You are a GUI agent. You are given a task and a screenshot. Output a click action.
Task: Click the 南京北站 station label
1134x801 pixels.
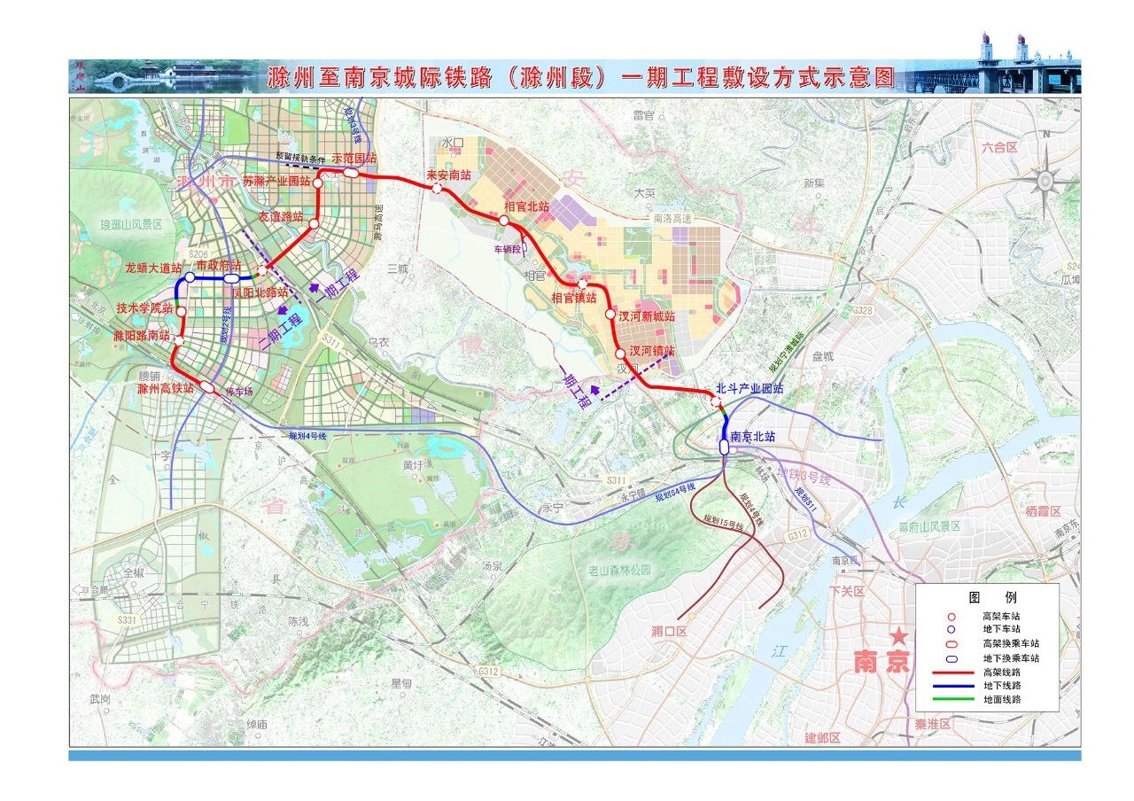pos(753,436)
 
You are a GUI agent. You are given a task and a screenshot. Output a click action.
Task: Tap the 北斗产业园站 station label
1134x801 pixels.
pos(750,389)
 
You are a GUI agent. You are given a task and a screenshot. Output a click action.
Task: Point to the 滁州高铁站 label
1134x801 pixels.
pos(166,387)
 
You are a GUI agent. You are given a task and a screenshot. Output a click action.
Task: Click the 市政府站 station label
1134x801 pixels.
pos(218,265)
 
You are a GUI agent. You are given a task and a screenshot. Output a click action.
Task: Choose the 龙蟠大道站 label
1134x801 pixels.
pos(152,266)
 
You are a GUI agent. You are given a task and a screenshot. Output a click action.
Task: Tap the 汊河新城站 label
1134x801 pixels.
pos(646,315)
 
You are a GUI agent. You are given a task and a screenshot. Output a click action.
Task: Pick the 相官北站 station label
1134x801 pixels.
pos(526,206)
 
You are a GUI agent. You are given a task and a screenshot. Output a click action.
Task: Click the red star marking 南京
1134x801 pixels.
pos(900,635)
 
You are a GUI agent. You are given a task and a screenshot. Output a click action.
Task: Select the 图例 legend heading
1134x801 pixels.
pos(986,597)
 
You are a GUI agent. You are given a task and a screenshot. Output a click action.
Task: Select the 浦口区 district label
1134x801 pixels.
pos(670,631)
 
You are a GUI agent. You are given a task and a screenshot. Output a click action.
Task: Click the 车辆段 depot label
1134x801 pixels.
pos(510,250)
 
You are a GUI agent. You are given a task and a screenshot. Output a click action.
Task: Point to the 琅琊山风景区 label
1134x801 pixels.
pos(131,225)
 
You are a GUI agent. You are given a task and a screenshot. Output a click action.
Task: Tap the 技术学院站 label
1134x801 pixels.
pos(144,308)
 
